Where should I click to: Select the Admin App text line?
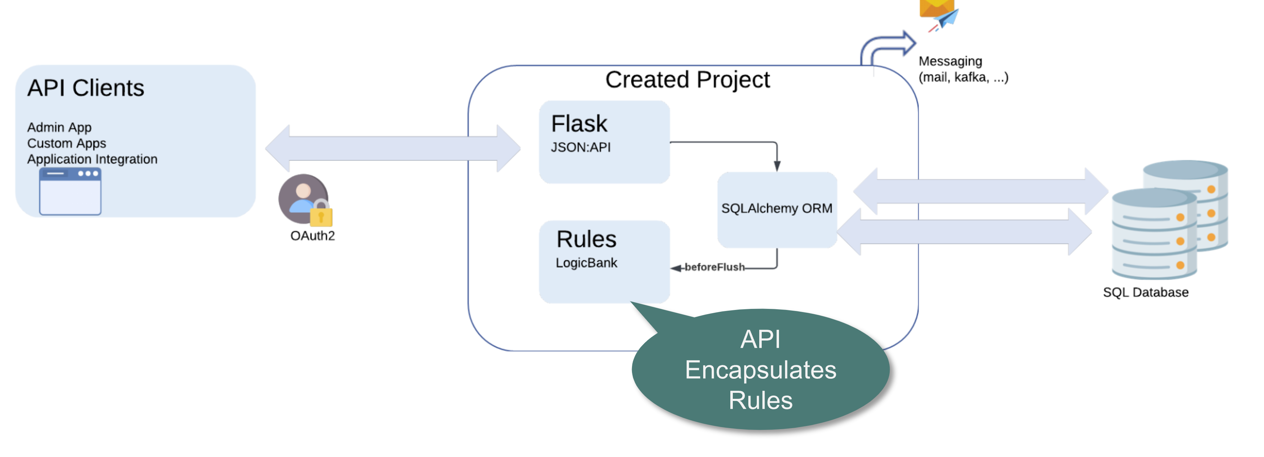tap(59, 128)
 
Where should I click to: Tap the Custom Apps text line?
tap(67, 143)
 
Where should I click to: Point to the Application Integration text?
tap(92, 159)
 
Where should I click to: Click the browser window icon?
tap(70, 191)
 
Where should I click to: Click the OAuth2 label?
tap(313, 236)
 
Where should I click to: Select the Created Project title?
tap(687, 80)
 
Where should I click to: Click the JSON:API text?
tap(581, 147)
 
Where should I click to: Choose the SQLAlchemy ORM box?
tap(777, 209)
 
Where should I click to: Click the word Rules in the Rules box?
tap(587, 239)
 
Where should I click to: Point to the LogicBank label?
tap(587, 263)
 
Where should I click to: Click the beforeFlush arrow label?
tap(714, 267)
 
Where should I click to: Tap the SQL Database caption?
tap(1146, 293)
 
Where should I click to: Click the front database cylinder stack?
tap(1154, 234)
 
